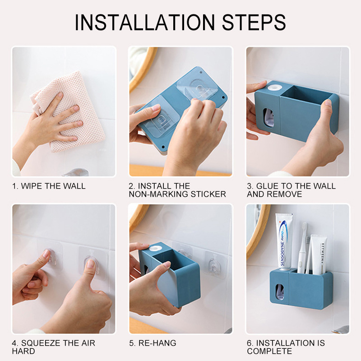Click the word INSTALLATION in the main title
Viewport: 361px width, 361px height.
pyautogui.click(x=145, y=22)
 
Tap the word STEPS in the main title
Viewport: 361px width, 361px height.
pyautogui.click(x=254, y=22)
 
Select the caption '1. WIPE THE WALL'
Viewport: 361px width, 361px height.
pyautogui.click(x=49, y=186)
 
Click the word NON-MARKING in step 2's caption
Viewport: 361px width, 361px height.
pyautogui.click(x=159, y=194)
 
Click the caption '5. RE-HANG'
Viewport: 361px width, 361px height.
pyautogui.click(x=153, y=343)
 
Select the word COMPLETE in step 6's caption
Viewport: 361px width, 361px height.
pyautogui.click(x=269, y=351)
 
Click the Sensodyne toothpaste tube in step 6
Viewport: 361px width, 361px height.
pyautogui.click(x=284, y=241)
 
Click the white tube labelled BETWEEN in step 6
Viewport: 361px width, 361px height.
pyautogui.click(x=319, y=255)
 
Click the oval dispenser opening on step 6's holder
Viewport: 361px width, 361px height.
pyautogui.click(x=280, y=291)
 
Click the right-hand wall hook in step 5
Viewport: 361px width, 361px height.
pyautogui.click(x=214, y=265)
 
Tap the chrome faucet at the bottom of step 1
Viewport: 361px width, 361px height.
pyautogui.click(x=75, y=172)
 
